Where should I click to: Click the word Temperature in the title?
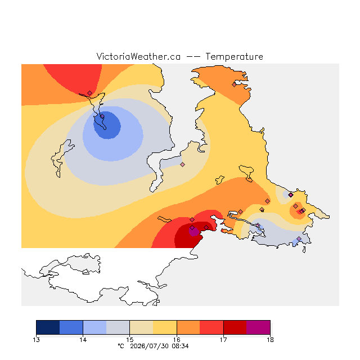click(234, 56)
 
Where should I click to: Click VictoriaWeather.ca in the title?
click(138, 56)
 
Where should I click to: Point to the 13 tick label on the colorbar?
click(36, 340)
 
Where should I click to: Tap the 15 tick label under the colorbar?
click(130, 340)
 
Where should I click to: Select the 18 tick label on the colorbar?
click(270, 340)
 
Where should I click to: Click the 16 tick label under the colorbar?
click(177, 340)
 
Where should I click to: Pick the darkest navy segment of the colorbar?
click(48, 327)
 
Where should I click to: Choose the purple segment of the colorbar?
click(258, 327)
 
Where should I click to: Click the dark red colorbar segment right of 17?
click(235, 327)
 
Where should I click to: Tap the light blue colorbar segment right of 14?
click(95, 327)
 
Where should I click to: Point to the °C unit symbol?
click(121, 346)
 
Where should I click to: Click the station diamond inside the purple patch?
click(192, 227)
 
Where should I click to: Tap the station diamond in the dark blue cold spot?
click(102, 116)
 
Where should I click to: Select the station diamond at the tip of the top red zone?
click(90, 93)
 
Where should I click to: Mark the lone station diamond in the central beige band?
click(182, 164)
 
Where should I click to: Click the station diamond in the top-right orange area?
click(234, 85)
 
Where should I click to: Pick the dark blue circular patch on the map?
click(107, 125)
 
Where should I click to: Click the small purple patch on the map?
click(193, 232)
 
